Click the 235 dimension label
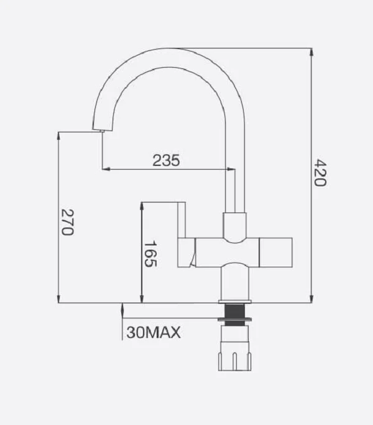pyautogui.click(x=166, y=160)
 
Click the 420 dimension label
pyautogui.click(x=320, y=173)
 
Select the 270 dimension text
pyautogui.click(x=67, y=222)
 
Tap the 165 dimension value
pyautogui.click(x=150, y=254)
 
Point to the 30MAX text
pyautogui.click(x=154, y=332)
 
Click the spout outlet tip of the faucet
pyautogui.click(x=102, y=131)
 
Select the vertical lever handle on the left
pyautogui.click(x=182, y=220)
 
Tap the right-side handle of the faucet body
pyautogui.click(x=276, y=253)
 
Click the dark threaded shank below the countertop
pyautogui.click(x=235, y=314)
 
